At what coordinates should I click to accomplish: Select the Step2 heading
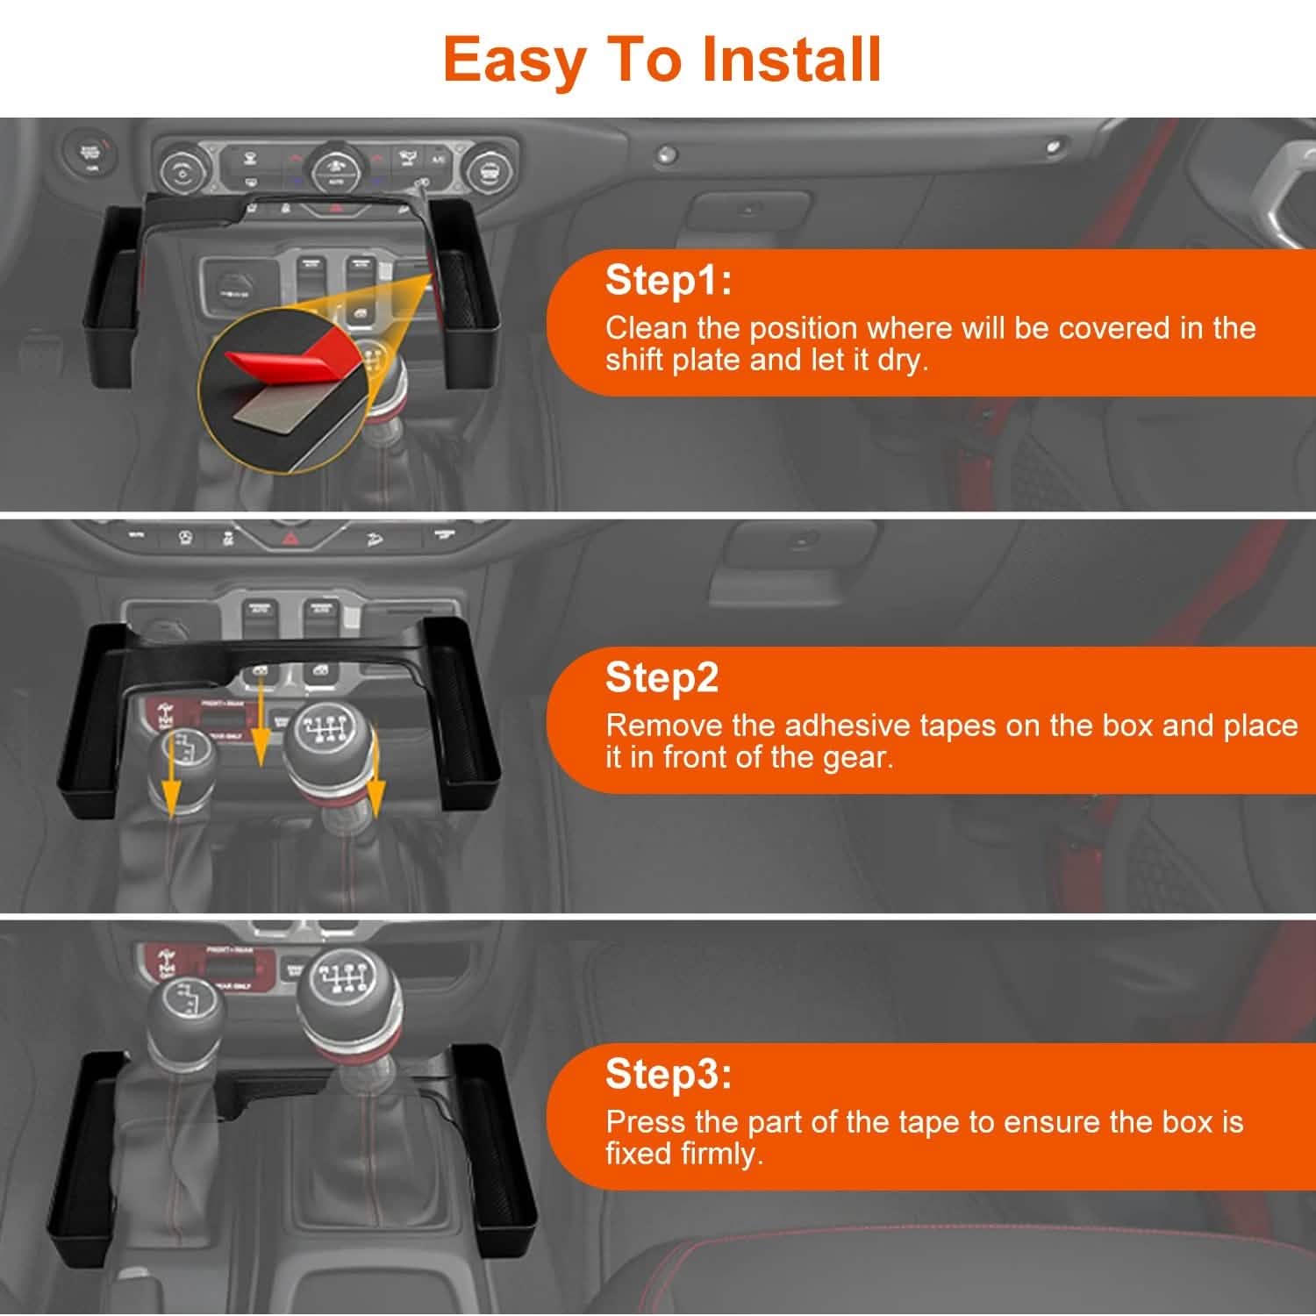(x=662, y=677)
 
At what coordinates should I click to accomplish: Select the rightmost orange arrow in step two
(x=375, y=781)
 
